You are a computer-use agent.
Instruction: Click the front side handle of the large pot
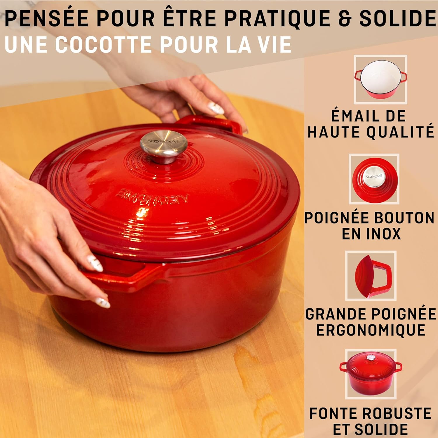pyautogui.click(x=123, y=277)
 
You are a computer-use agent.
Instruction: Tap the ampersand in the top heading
pyautogui.click(x=345, y=19)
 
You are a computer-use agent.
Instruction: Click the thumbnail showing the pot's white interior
pyautogui.click(x=380, y=79)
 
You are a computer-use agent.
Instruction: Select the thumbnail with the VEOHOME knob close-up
pyautogui.click(x=374, y=179)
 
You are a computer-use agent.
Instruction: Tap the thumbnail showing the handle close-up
pyautogui.click(x=371, y=275)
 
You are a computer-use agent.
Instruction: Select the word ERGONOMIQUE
pyautogui.click(x=371, y=331)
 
